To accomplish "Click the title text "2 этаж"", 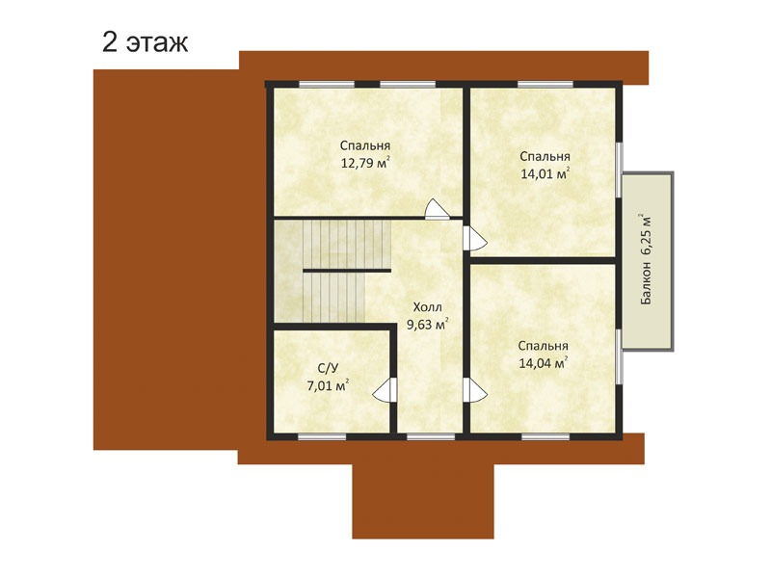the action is click(x=146, y=42).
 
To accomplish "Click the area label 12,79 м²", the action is click(x=366, y=162).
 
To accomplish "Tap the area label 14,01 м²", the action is click(x=545, y=173).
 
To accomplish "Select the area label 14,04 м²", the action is click(x=544, y=363).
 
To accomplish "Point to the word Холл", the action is click(x=427, y=307).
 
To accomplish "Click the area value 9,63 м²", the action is click(x=427, y=325).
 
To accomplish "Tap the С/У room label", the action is click(x=328, y=369).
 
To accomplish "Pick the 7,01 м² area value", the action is click(x=328, y=385).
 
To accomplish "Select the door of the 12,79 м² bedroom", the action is click(x=437, y=210).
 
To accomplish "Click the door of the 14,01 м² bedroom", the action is click(x=473, y=239).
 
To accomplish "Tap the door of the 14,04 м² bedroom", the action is click(x=473, y=391).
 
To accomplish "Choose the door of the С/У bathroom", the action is click(x=385, y=390).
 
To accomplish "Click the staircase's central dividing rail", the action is click(x=347, y=271).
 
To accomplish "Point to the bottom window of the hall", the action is click(x=431, y=436).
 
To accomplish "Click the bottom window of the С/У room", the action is click(x=322, y=436).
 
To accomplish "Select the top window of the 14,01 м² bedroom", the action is click(x=545, y=84).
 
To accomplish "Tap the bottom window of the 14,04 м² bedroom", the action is click(x=545, y=436).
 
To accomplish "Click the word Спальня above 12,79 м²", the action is click(x=365, y=146).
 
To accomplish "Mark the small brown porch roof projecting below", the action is click(x=423, y=501).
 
